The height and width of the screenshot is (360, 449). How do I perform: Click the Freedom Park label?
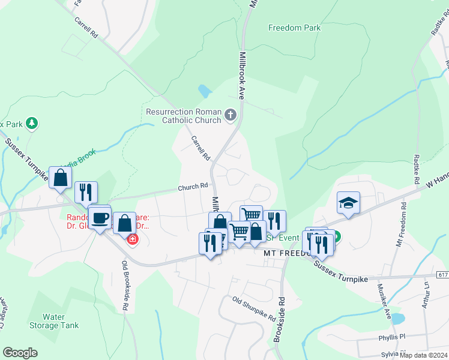(x=294, y=28)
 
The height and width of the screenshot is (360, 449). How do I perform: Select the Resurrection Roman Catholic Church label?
(x=184, y=116)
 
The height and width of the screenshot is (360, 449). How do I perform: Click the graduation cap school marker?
(x=348, y=203)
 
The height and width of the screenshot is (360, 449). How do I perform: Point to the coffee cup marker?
(x=100, y=217)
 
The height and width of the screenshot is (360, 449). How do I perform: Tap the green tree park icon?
(x=32, y=124)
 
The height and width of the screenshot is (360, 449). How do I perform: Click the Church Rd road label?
(x=192, y=188)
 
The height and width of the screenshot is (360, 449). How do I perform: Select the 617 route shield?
(x=442, y=275)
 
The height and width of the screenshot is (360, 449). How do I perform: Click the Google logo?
(x=20, y=353)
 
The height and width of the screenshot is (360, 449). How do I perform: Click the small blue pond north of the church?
(x=205, y=91)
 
